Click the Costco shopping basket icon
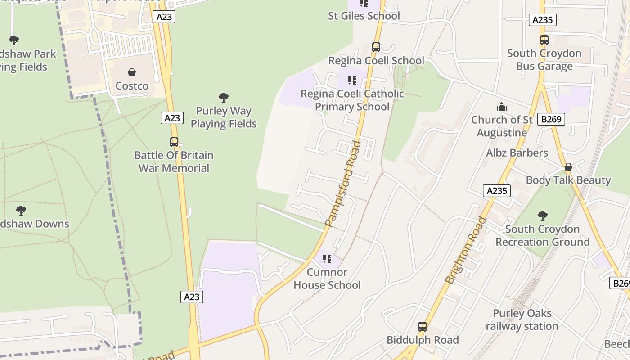[x=132, y=72]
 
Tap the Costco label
[x=132, y=86]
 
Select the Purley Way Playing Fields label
[x=224, y=117]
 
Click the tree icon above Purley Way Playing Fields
[x=224, y=97]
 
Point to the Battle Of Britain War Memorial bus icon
[x=174, y=142]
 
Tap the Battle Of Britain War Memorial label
[x=174, y=162]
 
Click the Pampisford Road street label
[x=343, y=184]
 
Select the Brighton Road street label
[x=466, y=250]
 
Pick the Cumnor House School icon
[x=327, y=259]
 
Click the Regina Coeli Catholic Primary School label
[x=352, y=100]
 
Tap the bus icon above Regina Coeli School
[x=376, y=47]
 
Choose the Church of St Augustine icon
[x=502, y=107]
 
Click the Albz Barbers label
[x=517, y=153]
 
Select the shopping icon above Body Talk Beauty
[x=568, y=167]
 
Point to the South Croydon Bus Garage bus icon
[x=544, y=40]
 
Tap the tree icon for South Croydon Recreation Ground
[x=543, y=216]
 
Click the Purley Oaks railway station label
[x=522, y=319]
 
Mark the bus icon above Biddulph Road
[x=423, y=327]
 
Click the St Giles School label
[x=364, y=16]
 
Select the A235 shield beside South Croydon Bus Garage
[x=543, y=20]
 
